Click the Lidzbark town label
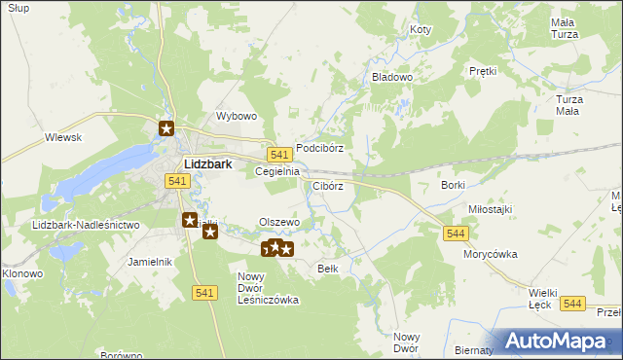pos(207,164)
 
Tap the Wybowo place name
pos(236,116)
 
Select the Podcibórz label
pos(319,148)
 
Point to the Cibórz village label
pos(327,186)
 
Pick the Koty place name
pos(420,30)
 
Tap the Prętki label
pos(483,71)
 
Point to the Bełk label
pos(328,269)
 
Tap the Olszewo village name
pos(278,223)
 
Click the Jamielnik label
pos(150,262)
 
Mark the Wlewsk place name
pos(62,138)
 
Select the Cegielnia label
pos(275,171)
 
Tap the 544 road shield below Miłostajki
pos(456,234)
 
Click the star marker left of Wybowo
pos(166,127)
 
